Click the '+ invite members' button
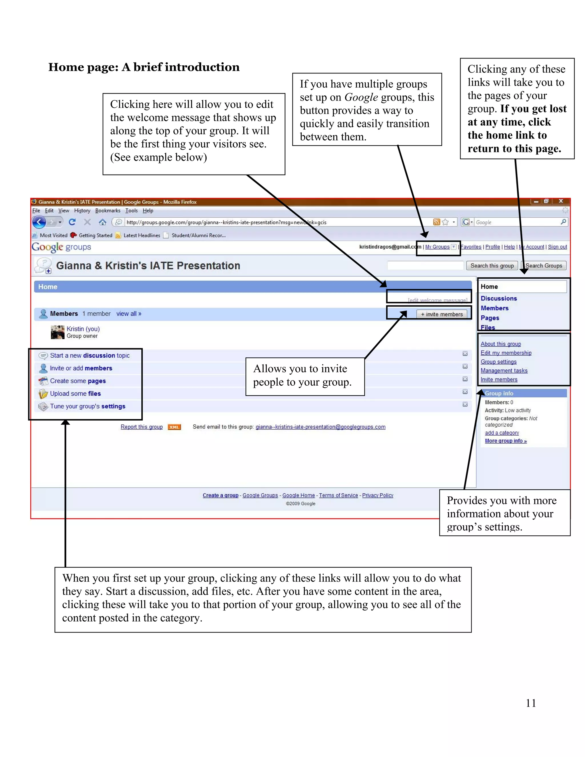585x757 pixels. (442, 314)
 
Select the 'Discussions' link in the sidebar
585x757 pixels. (498, 299)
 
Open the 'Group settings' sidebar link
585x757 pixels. (498, 362)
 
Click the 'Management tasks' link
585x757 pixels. (504, 371)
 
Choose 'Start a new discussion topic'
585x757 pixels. (90, 355)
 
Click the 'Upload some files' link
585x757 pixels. (75, 393)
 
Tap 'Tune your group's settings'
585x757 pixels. (87, 406)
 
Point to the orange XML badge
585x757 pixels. (174, 427)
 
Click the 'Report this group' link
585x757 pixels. (141, 427)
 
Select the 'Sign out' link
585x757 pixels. (557, 247)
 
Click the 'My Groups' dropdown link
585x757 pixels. (437, 247)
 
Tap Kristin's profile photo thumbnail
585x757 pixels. (57, 332)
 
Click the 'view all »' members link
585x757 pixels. (129, 314)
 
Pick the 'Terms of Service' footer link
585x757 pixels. (338, 495)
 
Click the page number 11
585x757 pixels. (531, 703)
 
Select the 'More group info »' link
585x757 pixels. (506, 441)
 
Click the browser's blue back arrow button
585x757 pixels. (39, 222)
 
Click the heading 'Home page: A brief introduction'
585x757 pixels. (144, 67)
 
